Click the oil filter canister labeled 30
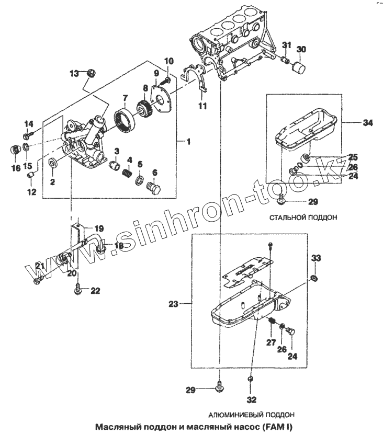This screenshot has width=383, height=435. pos(298,66)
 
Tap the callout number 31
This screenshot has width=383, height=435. pos(286,44)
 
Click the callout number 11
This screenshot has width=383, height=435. pos(202,106)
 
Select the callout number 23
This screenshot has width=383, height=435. pos(174,303)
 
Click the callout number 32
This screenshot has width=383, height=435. pos(251,401)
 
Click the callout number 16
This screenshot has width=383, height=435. pos(16,168)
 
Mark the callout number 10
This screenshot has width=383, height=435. pos(168,62)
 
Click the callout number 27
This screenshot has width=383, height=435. pos(271,342)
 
